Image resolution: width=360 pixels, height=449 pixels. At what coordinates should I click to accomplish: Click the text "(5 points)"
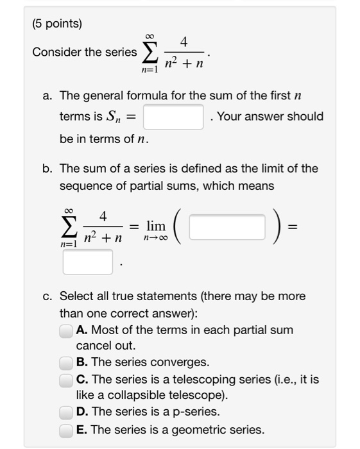(56, 24)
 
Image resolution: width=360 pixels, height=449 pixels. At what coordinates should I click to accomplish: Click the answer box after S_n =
(173, 117)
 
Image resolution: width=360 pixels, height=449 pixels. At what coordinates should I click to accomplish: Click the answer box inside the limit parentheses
(227, 226)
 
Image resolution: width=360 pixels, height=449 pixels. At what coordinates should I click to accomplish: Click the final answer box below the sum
(87, 262)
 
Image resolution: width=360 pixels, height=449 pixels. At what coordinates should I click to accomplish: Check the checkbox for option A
(66, 330)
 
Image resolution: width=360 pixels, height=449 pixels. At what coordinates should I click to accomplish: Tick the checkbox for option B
(66, 362)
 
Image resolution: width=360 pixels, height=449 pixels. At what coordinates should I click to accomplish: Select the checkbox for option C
(66, 379)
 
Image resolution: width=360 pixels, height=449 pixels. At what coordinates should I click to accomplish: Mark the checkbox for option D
(66, 412)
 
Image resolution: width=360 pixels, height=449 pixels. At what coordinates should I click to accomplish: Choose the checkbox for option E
(66, 429)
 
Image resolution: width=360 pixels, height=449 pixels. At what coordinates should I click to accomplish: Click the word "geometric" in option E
(202, 429)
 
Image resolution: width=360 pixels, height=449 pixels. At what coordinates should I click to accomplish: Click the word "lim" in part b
(156, 226)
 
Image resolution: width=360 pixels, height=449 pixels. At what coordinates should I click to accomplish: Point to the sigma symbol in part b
(69, 226)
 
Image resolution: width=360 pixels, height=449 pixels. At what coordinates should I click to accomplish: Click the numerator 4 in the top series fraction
(184, 42)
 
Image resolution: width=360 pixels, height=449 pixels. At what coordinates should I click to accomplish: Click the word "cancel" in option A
(93, 345)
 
